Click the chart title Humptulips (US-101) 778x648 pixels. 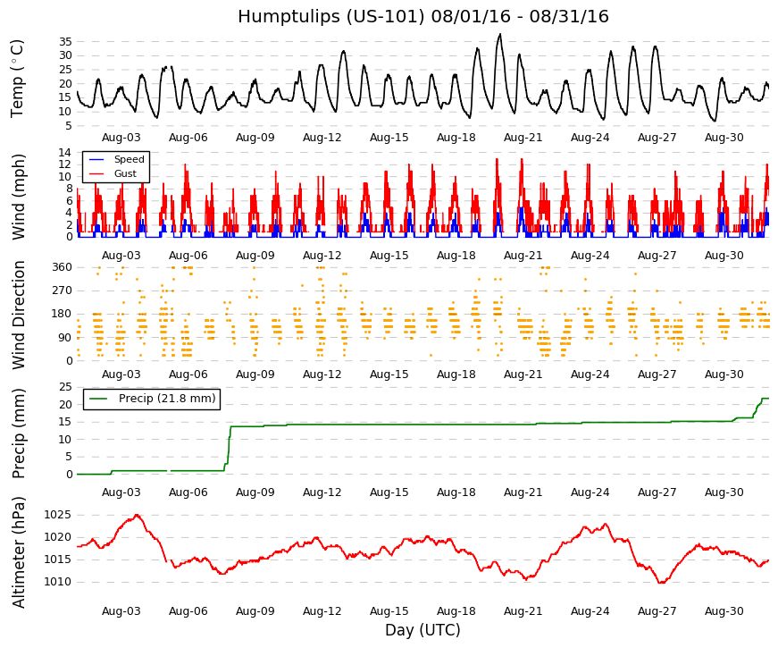[x=331, y=16]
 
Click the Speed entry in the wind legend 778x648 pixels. [x=129, y=159]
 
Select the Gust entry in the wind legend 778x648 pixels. [x=125, y=173]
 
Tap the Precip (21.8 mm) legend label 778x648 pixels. [x=167, y=399]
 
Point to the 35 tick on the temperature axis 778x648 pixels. [x=65, y=42]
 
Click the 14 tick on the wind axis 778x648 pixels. [x=65, y=153]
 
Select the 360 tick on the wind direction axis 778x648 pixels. [x=62, y=267]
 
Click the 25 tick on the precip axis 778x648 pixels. [x=65, y=387]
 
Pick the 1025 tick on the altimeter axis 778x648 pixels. [x=57, y=515]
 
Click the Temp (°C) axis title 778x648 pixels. [x=17, y=79]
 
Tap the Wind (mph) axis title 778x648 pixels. [x=18, y=197]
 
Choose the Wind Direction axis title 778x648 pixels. [x=18, y=316]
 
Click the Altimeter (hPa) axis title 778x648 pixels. [x=18, y=552]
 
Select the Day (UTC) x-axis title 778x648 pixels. [x=422, y=630]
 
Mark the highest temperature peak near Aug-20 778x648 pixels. [x=500, y=34]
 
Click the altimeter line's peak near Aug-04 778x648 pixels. [x=137, y=515]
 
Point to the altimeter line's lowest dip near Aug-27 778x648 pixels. [x=661, y=583]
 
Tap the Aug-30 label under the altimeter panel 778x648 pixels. [x=724, y=611]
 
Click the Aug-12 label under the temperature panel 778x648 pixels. [x=322, y=138]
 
